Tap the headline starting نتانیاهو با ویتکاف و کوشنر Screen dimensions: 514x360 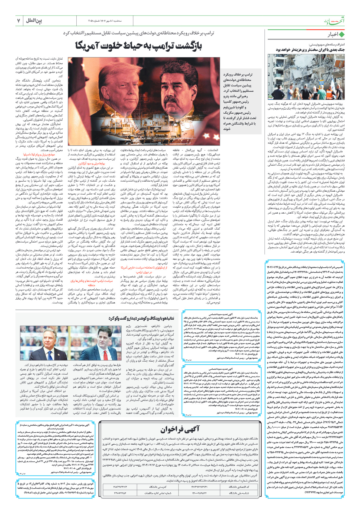pos(141,318)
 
